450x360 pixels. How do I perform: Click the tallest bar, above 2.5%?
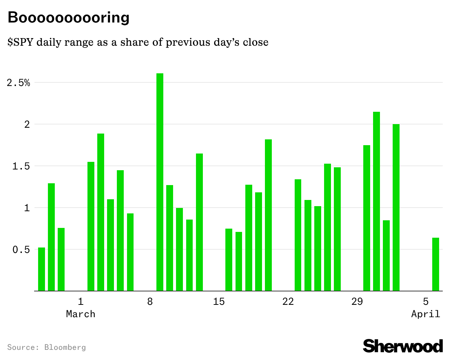pyautogui.click(x=160, y=181)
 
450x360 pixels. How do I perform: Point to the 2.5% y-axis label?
pyautogui.click(x=19, y=83)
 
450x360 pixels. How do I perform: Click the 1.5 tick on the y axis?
pyautogui.click(x=21, y=166)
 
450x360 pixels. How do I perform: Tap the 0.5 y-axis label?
pyautogui.click(x=21, y=250)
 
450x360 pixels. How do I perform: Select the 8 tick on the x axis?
pyautogui.click(x=150, y=302)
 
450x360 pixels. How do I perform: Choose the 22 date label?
pyautogui.click(x=288, y=302)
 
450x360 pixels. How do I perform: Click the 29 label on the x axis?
pyautogui.click(x=357, y=302)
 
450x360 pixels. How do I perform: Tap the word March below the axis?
pyautogui.click(x=81, y=314)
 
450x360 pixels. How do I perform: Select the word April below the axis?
pyautogui.click(x=426, y=314)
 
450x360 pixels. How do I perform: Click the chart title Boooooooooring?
pyautogui.click(x=69, y=17)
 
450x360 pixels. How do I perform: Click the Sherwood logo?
pyautogui.click(x=403, y=346)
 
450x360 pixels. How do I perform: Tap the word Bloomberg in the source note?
pyautogui.click(x=65, y=347)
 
